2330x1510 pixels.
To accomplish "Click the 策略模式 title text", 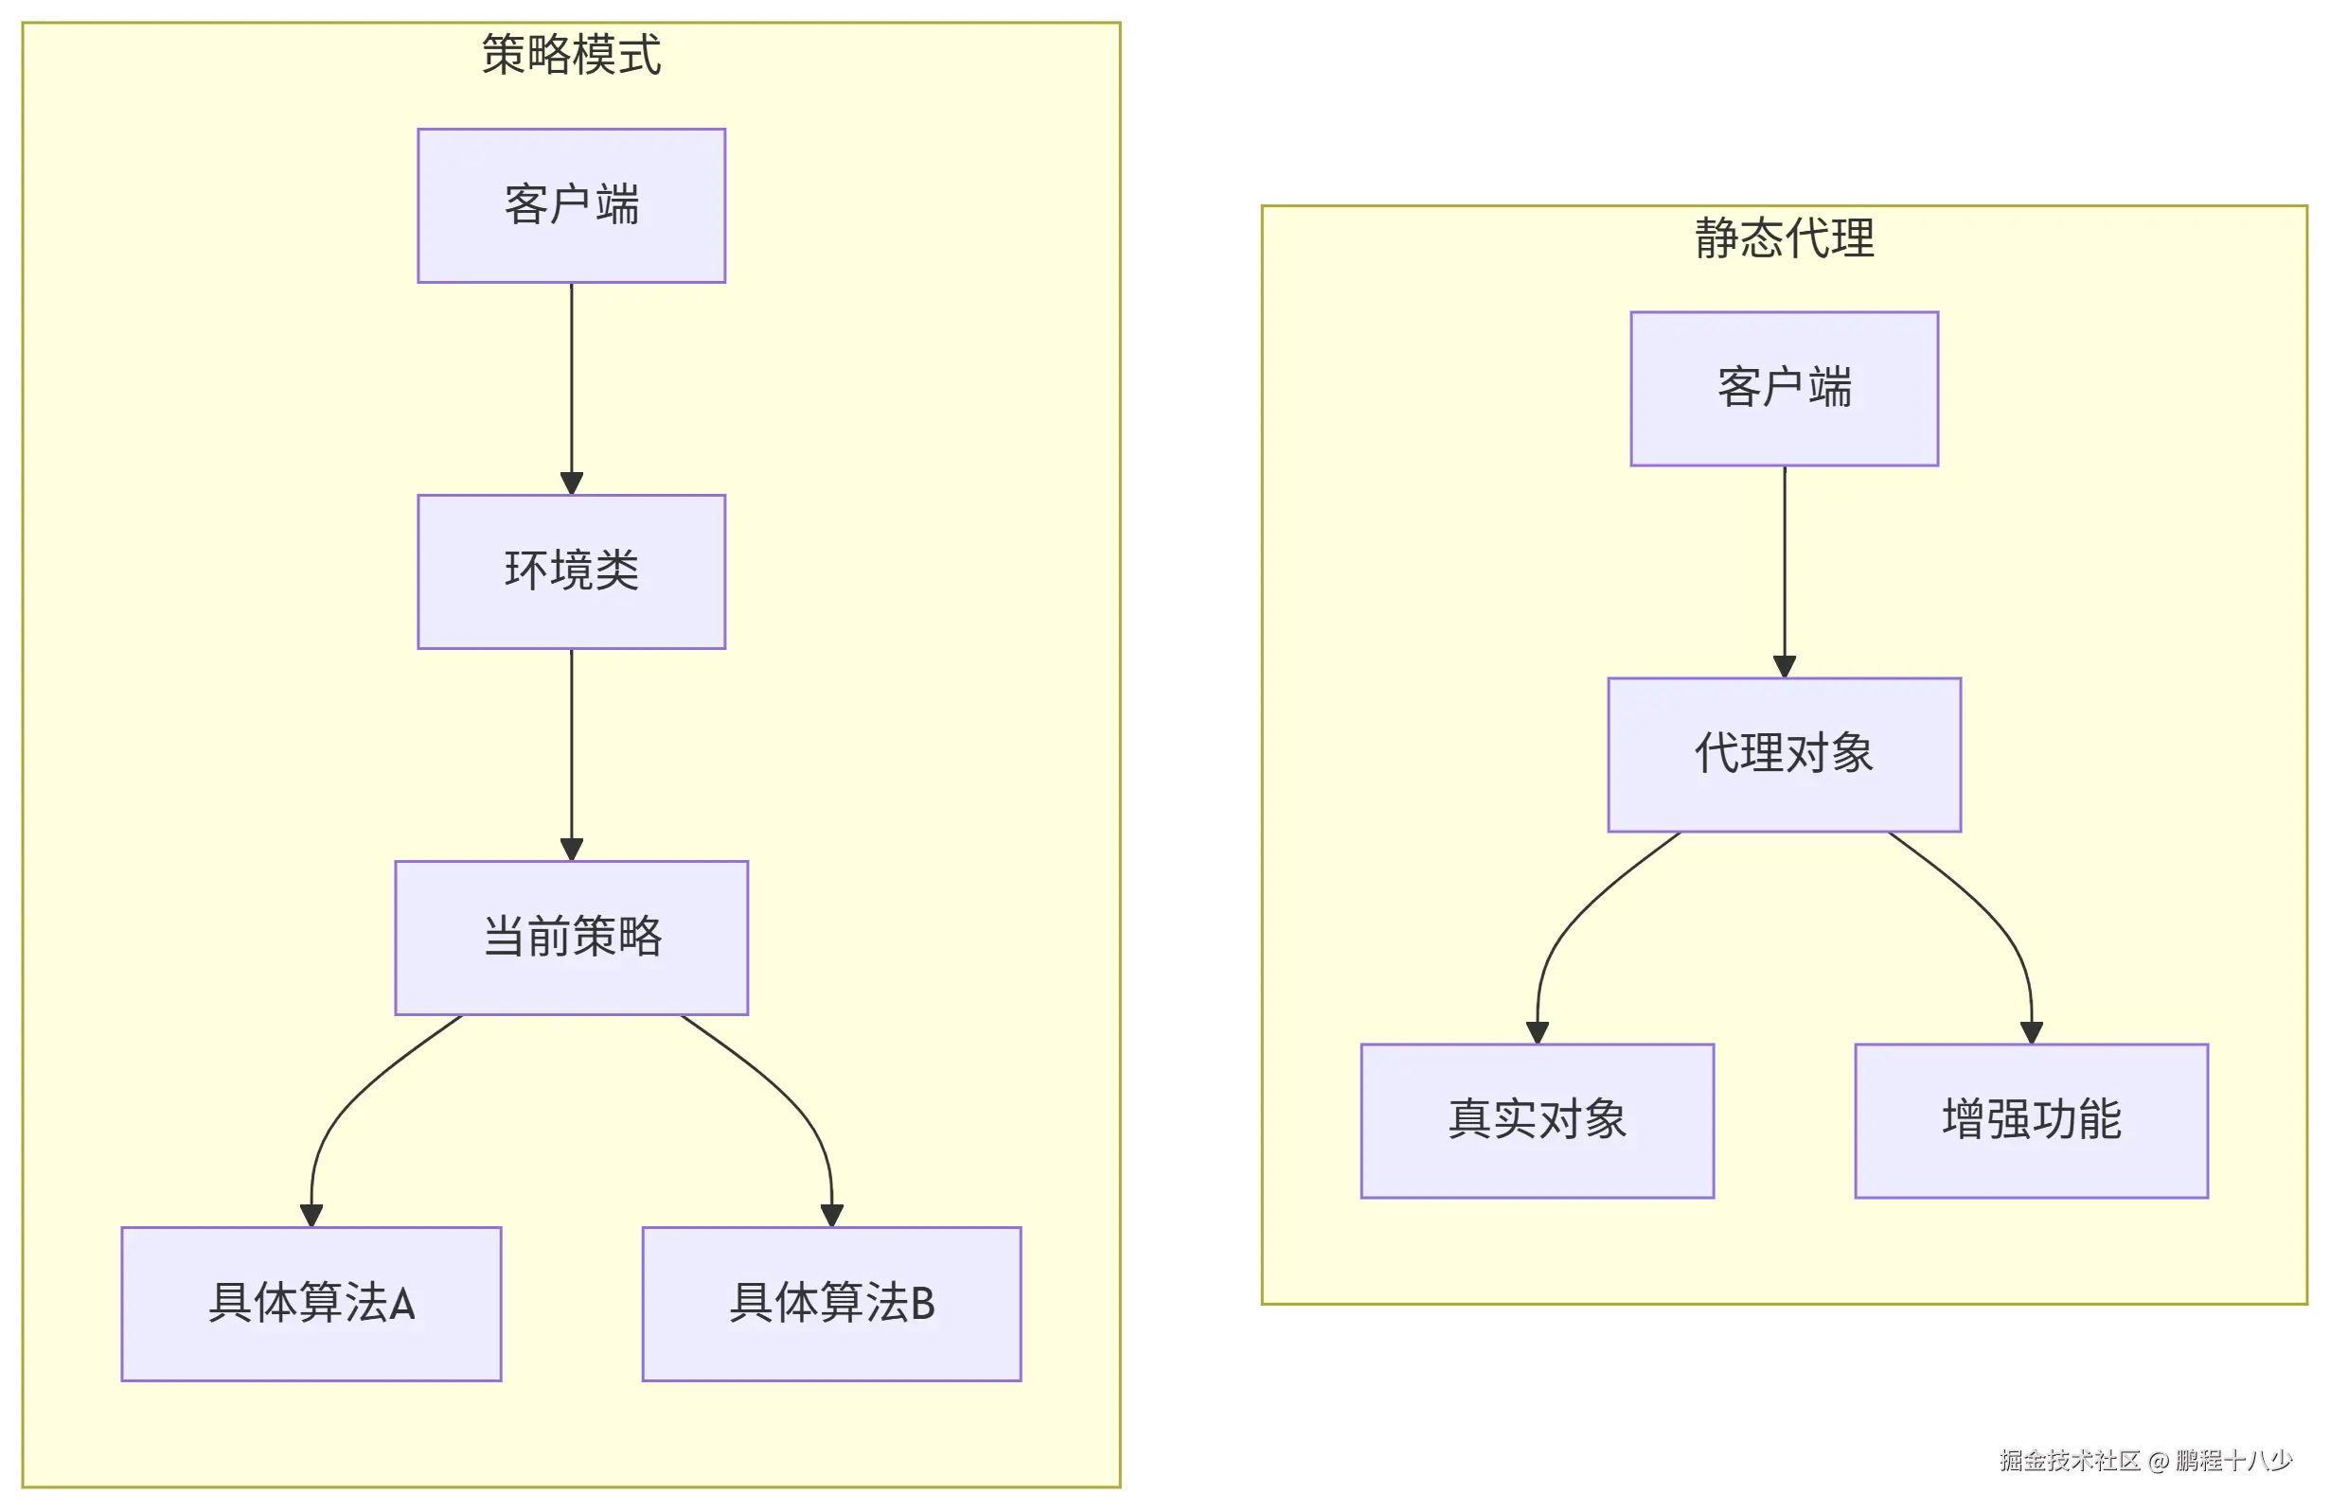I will [x=571, y=55].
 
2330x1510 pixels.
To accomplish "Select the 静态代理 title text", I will [x=1784, y=237].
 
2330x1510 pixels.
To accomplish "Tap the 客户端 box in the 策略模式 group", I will [x=571, y=205].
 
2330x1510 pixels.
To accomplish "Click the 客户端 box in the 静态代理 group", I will [x=1784, y=389].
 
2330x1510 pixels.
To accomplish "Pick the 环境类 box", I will [x=571, y=571].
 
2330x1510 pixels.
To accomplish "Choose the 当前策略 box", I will [x=571, y=938].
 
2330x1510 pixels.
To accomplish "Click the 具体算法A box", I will [x=311, y=1304].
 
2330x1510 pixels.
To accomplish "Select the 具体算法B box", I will [x=831, y=1304].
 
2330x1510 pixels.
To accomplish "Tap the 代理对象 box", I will [x=1784, y=754].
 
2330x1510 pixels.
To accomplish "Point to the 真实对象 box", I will [x=1537, y=1120].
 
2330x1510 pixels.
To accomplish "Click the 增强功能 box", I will [x=2032, y=1120].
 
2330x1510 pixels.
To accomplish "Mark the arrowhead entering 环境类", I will [x=572, y=483].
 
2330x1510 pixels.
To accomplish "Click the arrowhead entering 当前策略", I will [x=572, y=850].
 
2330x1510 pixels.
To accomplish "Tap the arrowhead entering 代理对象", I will [x=1785, y=666].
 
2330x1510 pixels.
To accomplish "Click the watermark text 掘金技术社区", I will [x=2070, y=1461].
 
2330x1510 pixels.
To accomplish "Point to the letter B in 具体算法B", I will [x=922, y=1304].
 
